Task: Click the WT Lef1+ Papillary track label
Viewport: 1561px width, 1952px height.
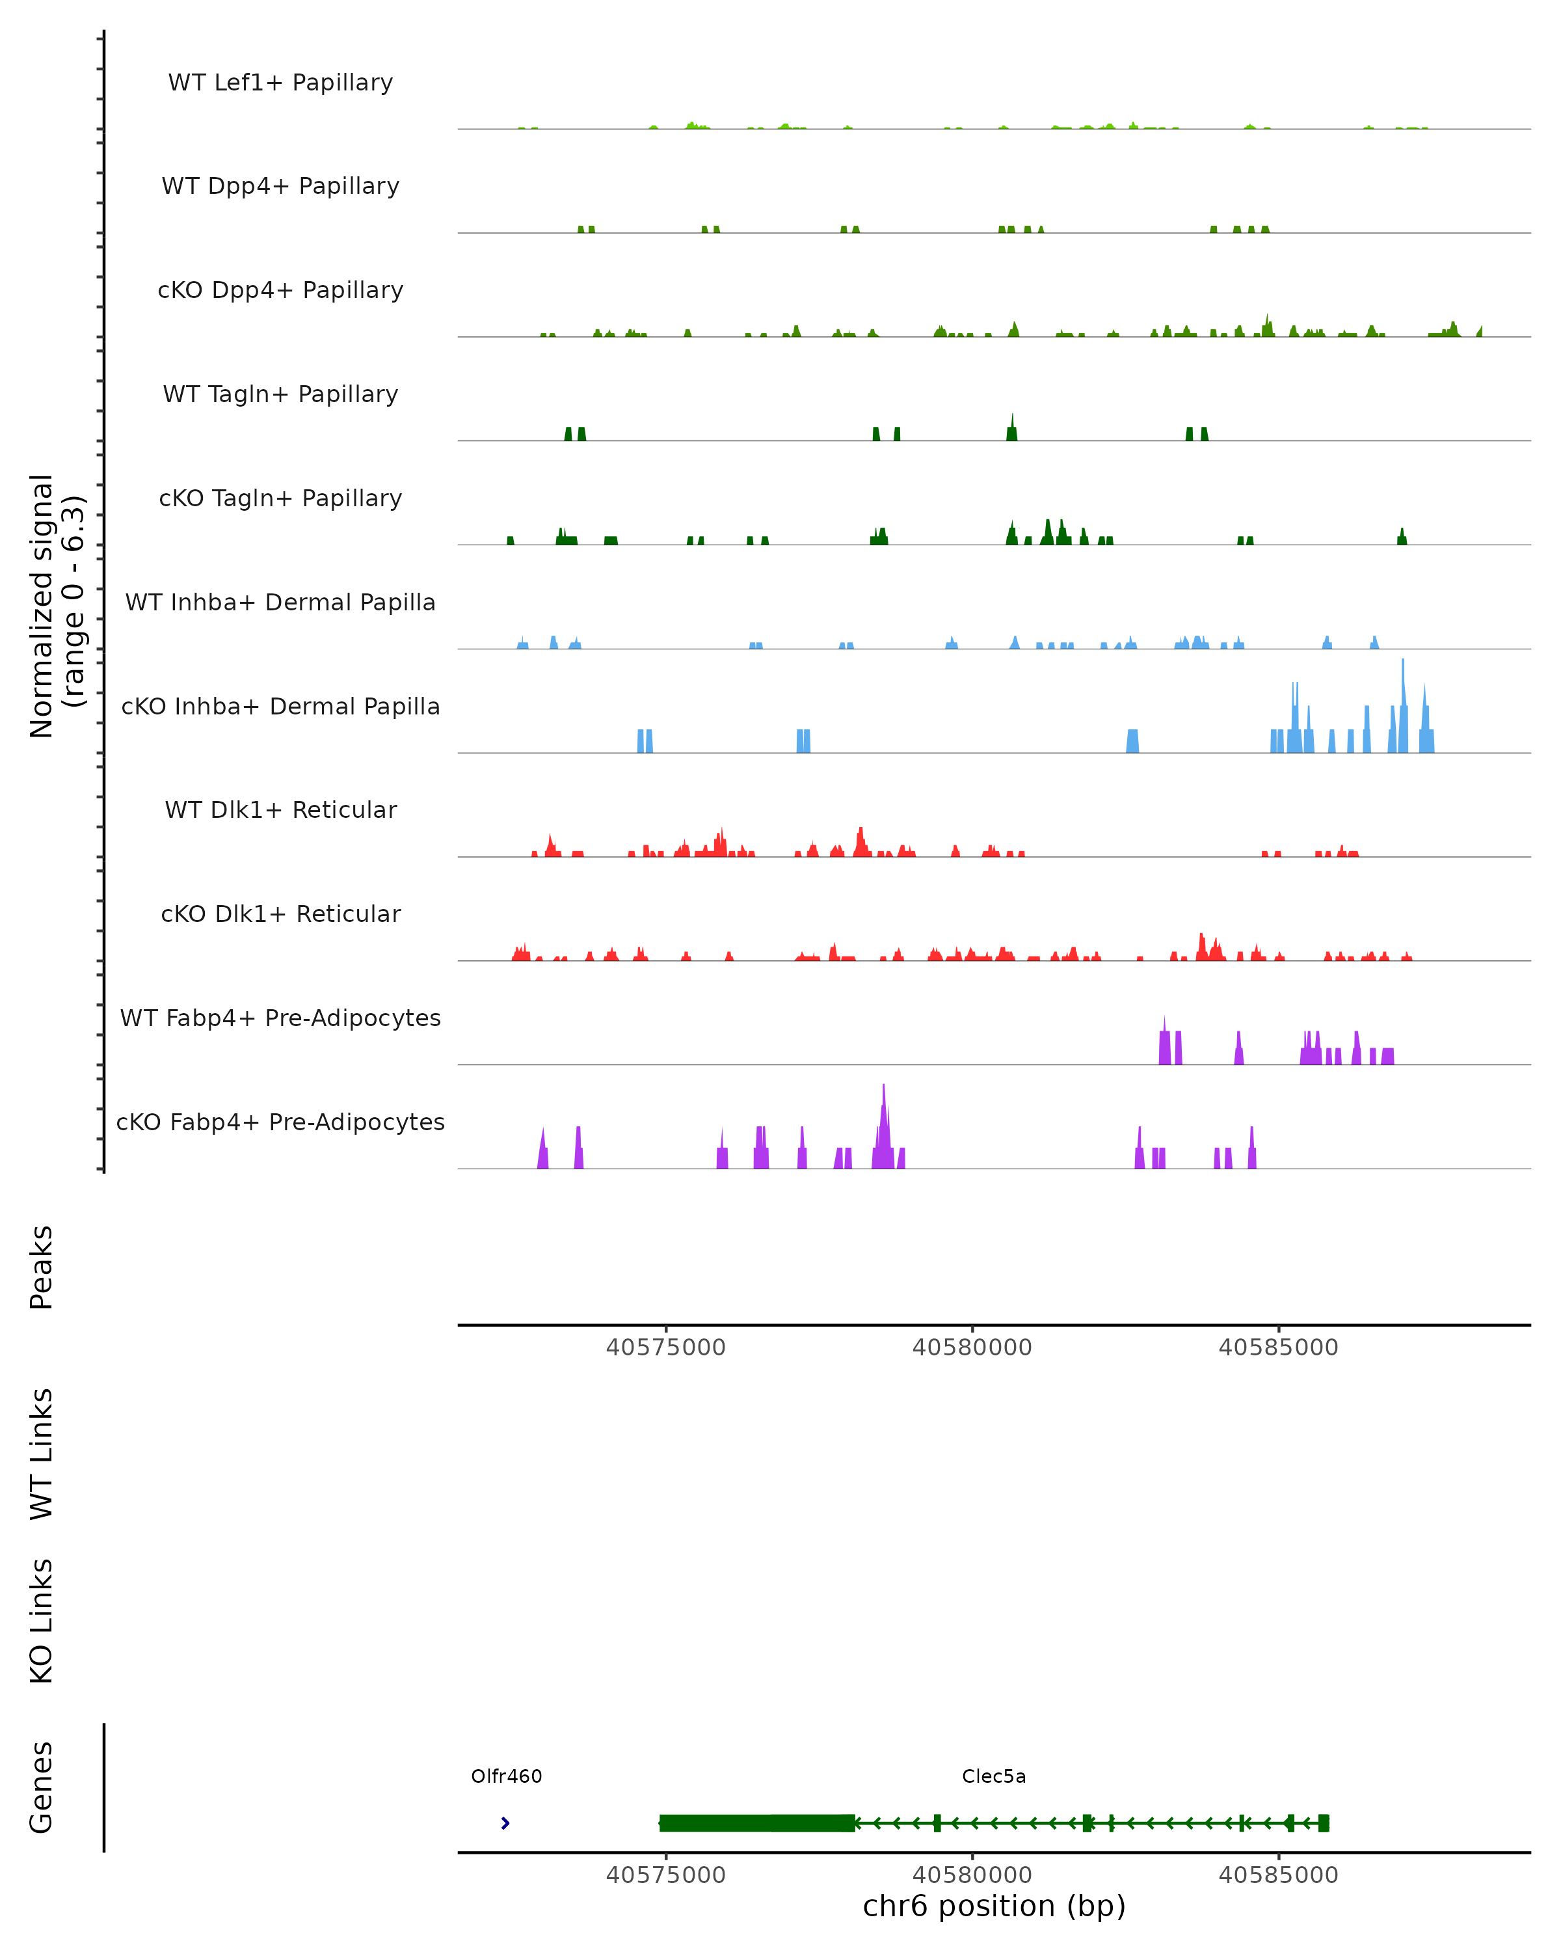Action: pyautogui.click(x=280, y=83)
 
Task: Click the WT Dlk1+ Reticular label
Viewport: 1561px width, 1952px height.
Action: pyautogui.click(x=280, y=809)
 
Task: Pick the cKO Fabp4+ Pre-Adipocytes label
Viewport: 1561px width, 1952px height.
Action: pyautogui.click(x=280, y=1122)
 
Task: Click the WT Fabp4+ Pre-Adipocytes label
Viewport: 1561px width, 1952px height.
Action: pyautogui.click(x=280, y=1018)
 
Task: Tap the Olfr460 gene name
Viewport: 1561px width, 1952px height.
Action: pyautogui.click(x=506, y=1776)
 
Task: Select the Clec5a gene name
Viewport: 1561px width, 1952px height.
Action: pyautogui.click(x=994, y=1776)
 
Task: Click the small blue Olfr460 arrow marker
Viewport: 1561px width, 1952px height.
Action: pyautogui.click(x=505, y=1823)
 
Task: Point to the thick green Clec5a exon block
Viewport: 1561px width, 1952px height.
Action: pyautogui.click(x=756, y=1823)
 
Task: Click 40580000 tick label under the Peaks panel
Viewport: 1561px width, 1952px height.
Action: pyautogui.click(x=972, y=1348)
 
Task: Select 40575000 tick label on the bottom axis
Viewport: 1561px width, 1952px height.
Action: pyautogui.click(x=666, y=1875)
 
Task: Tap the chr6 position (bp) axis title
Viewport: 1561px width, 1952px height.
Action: pyautogui.click(x=994, y=1906)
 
